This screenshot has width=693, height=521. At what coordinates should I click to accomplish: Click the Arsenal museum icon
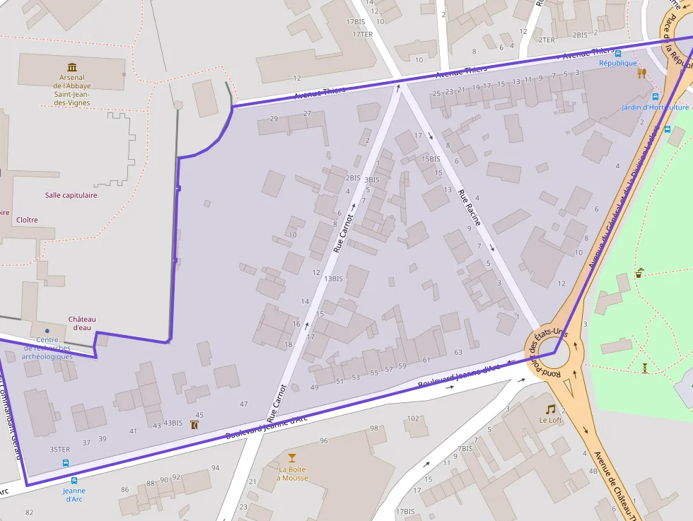72,66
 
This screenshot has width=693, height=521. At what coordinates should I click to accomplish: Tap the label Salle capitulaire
71,195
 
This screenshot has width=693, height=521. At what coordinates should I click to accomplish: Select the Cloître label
27,220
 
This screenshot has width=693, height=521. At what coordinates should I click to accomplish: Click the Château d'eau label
82,323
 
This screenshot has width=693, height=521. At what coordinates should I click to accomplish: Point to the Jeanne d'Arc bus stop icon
66,464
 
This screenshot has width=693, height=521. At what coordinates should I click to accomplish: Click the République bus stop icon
618,53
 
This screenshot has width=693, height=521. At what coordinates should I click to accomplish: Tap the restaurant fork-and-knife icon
642,73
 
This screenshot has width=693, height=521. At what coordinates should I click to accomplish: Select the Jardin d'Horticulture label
656,107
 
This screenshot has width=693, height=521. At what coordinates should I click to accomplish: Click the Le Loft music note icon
550,409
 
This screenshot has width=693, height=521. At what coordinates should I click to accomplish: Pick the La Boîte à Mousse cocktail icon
292,458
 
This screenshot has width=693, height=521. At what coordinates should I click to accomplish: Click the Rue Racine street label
469,207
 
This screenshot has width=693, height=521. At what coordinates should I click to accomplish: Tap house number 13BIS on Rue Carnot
333,279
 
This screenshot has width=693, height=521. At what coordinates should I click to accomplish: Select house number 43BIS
173,423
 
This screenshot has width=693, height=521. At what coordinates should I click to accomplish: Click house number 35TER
60,449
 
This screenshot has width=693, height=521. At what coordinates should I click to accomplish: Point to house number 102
413,418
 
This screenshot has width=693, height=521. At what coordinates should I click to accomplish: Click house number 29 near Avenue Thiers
274,118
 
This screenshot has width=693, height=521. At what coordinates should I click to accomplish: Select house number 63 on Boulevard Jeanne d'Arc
458,352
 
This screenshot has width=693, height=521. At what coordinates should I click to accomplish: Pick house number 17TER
362,34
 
